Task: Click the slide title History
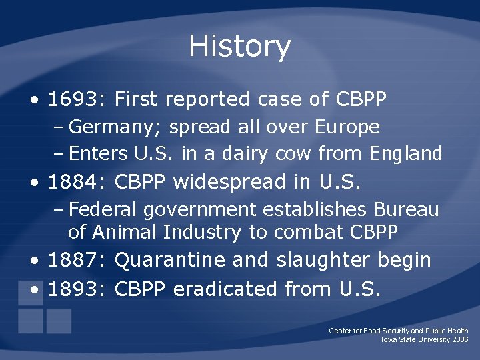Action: [x=239, y=47]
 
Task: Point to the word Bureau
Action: [x=406, y=209]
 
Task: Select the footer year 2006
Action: [x=460, y=339]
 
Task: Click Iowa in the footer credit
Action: [x=389, y=339]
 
